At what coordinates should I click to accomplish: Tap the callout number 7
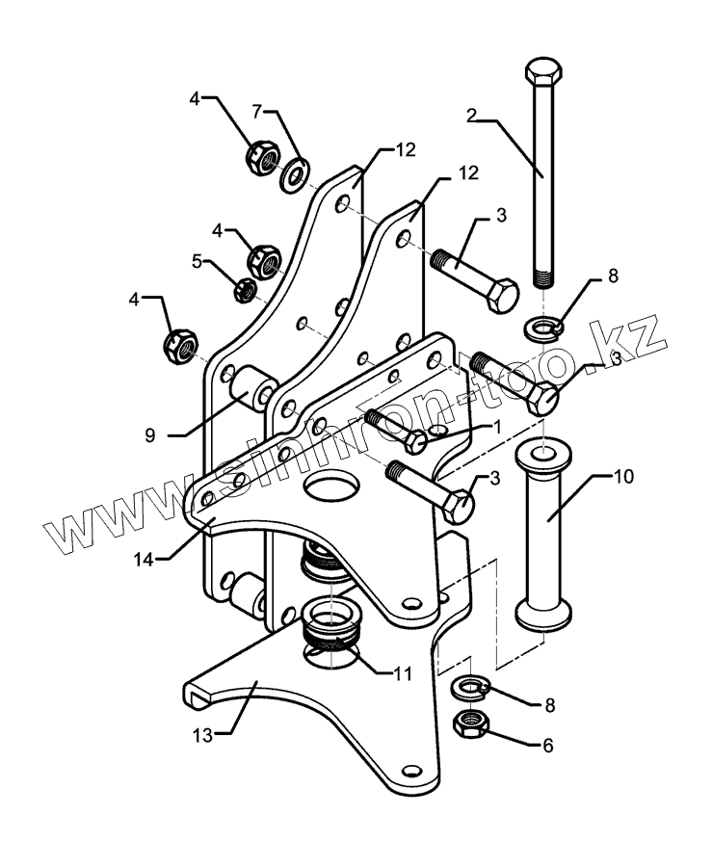point(257,112)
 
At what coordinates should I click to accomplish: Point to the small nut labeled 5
point(246,287)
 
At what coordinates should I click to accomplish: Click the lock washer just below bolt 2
point(543,328)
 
